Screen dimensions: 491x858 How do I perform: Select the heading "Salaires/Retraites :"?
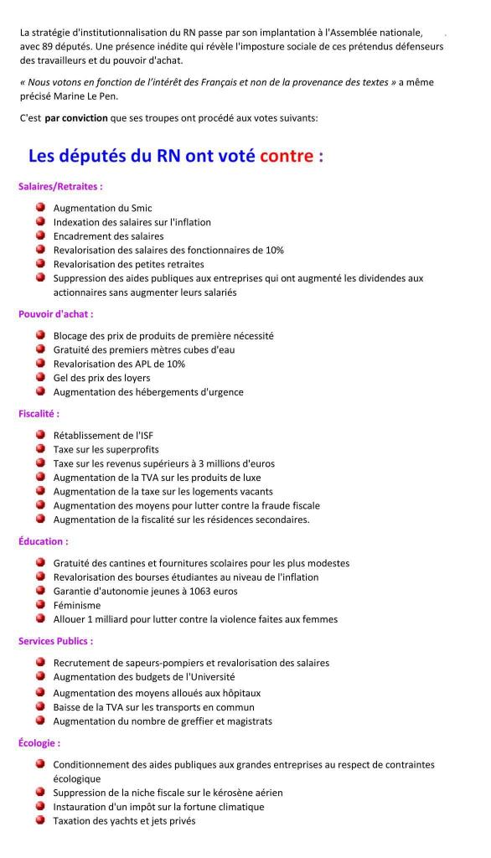(60, 186)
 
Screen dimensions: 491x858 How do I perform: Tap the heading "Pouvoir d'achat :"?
(56, 314)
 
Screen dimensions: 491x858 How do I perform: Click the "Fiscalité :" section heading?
(39, 413)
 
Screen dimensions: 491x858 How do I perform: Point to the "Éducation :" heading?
(43, 541)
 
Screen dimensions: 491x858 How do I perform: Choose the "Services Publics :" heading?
(56, 641)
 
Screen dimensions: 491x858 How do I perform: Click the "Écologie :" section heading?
(39, 742)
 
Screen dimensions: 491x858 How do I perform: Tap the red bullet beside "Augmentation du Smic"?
(40, 207)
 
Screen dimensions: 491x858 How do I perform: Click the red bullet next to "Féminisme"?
(40, 604)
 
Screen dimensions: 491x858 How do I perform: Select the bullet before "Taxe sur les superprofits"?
(40, 448)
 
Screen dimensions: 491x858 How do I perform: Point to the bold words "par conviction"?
(76, 118)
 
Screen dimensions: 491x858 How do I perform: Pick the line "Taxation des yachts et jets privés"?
(124, 821)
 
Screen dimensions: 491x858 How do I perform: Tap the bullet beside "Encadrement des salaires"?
(40, 235)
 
